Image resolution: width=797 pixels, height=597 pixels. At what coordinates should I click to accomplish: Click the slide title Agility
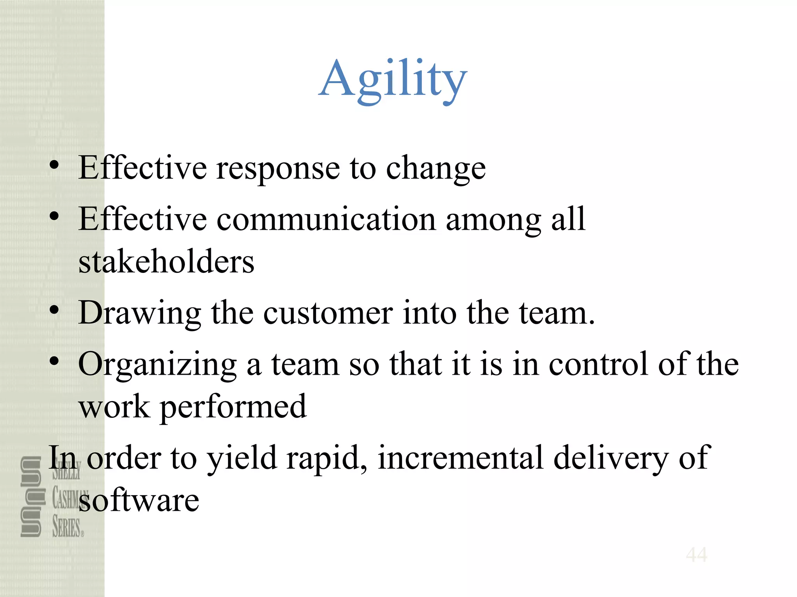click(x=393, y=80)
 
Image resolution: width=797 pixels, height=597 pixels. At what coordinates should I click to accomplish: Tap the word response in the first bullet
click(x=278, y=168)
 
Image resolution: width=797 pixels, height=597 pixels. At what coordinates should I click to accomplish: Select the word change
click(x=436, y=169)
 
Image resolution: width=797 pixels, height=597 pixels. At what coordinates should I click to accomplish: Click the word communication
click(x=326, y=220)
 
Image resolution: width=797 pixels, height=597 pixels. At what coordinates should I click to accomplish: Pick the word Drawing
click(x=140, y=313)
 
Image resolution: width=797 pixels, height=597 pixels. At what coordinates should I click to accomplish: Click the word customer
click(x=328, y=313)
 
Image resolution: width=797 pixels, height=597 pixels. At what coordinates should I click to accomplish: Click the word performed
click(x=233, y=407)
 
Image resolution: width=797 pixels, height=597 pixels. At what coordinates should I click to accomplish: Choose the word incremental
click(x=460, y=458)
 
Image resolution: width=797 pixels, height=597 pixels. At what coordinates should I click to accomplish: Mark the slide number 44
click(x=697, y=555)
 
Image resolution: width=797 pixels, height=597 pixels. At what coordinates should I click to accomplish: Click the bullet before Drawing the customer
click(x=54, y=310)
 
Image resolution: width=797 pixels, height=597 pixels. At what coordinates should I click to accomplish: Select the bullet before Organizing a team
click(x=54, y=361)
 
